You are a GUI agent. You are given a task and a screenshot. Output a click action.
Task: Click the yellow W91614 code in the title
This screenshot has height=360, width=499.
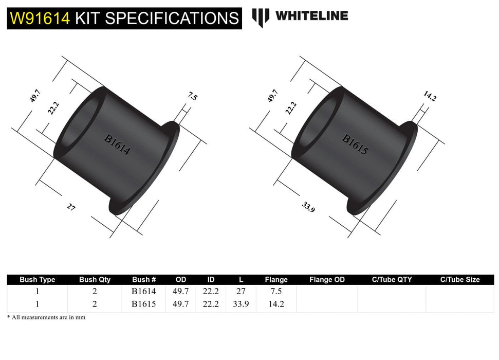[40, 19]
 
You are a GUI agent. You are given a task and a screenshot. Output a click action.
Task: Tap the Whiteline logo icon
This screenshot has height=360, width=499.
[261, 17]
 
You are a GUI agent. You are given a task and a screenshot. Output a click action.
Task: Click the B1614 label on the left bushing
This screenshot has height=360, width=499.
[117, 145]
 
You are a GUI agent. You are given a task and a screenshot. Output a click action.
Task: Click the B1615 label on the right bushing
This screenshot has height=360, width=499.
[355, 145]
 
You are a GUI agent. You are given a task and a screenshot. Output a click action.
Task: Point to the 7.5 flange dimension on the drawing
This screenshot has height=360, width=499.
[193, 96]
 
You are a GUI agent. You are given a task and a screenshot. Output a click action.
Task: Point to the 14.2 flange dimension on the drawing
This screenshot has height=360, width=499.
[430, 96]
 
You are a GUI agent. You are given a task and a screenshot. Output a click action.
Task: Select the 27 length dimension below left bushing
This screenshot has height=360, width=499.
[71, 207]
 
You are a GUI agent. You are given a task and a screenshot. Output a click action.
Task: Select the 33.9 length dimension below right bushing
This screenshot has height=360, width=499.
[308, 207]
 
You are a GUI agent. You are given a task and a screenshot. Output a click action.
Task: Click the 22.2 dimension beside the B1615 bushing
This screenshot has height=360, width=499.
[291, 107]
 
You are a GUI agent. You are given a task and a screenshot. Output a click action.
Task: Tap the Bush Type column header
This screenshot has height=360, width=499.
[37, 280]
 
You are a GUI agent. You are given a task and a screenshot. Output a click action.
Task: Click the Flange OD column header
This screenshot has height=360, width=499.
[327, 280]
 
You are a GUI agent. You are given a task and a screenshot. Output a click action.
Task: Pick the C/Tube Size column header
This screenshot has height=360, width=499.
[459, 280]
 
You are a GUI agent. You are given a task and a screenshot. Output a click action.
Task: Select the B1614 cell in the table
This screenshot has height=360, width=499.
[144, 291]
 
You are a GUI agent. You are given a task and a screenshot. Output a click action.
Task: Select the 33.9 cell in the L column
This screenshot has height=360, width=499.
[241, 304]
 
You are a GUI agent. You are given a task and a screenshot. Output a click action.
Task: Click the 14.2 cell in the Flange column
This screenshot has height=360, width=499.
[276, 304]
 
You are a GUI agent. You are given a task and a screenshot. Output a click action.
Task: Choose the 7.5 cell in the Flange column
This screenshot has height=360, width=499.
[276, 291]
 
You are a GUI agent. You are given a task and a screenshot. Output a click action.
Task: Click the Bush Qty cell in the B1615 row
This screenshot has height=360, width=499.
[95, 304]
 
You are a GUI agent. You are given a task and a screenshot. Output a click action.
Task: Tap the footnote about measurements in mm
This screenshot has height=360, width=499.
[46, 317]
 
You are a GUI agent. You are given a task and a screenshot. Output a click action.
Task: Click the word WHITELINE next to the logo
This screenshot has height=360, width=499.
[311, 15]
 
